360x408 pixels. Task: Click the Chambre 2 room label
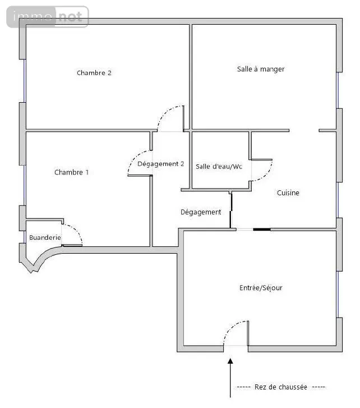[x=94, y=72]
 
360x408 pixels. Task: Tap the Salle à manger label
[x=261, y=69]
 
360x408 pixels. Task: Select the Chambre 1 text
[x=71, y=172]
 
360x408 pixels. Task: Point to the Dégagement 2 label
[x=160, y=164]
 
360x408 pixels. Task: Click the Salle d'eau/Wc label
[x=219, y=166]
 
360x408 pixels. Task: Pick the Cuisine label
[x=288, y=193]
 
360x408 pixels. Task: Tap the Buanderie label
[x=45, y=237]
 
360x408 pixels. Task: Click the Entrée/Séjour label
[x=261, y=288]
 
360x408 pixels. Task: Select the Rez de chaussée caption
[x=281, y=387]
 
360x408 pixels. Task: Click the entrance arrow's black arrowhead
[x=230, y=361]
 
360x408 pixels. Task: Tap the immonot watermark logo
[x=48, y=17]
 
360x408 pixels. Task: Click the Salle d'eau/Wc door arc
[x=267, y=175]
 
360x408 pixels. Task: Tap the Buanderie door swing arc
[x=76, y=230]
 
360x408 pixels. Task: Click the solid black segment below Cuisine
[x=262, y=230]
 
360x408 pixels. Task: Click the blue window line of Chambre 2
[x=25, y=81]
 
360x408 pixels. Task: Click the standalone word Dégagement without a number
[x=201, y=212]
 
